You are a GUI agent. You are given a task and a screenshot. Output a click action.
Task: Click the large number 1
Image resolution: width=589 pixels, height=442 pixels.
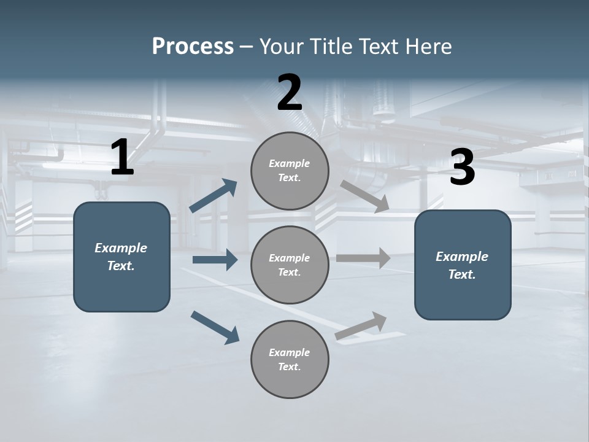click(122, 158)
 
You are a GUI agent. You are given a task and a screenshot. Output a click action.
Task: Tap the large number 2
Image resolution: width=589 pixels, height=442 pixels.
click(290, 93)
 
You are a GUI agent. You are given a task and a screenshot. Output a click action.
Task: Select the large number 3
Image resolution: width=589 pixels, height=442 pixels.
click(462, 168)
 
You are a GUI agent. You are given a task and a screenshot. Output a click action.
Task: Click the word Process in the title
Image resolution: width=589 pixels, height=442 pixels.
click(193, 46)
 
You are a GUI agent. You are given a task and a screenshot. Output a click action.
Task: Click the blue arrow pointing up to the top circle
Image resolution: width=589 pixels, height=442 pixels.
click(214, 196)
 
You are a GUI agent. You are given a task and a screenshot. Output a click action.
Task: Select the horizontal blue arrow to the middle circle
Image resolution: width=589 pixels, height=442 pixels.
click(215, 260)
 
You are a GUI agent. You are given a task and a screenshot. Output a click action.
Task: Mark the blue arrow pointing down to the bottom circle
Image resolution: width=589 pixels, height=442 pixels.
click(215, 327)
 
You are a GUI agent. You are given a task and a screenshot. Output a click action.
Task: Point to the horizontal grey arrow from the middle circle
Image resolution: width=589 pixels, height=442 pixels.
click(363, 258)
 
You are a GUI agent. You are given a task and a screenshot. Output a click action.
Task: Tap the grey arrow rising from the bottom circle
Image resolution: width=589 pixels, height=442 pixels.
click(361, 326)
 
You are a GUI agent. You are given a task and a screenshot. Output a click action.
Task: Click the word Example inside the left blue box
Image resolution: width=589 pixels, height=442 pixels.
click(121, 248)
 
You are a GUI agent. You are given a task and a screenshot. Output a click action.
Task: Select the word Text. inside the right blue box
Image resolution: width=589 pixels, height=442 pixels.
click(462, 274)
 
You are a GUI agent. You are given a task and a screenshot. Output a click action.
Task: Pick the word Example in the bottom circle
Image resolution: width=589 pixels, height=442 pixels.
click(289, 352)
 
